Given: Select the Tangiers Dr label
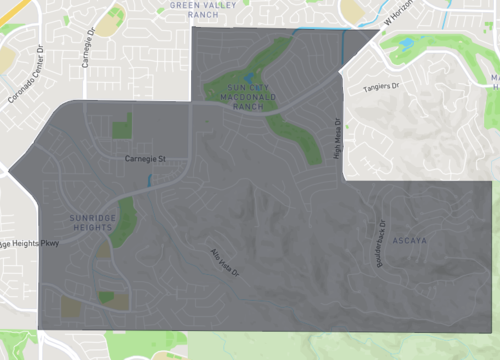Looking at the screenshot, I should click(x=379, y=89).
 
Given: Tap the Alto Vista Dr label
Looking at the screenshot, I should click(x=224, y=263).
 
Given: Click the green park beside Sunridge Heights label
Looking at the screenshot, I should click(x=123, y=226).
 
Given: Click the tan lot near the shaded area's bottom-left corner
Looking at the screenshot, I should click(x=71, y=308).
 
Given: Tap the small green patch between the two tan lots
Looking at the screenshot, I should click(x=106, y=297).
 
